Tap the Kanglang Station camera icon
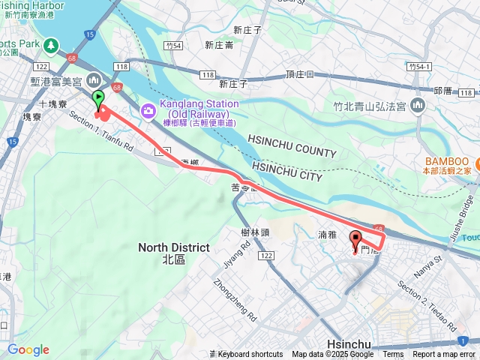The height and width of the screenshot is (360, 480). pos(148,111)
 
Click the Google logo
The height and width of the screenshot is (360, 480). pos(28,349)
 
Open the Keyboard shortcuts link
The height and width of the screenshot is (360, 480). pos(250,355)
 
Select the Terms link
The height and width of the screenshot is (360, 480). pos(393,355)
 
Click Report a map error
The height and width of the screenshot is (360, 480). pos(444,355)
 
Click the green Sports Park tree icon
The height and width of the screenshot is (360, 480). pos(51,46)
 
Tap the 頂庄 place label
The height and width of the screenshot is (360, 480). pos(298,75)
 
